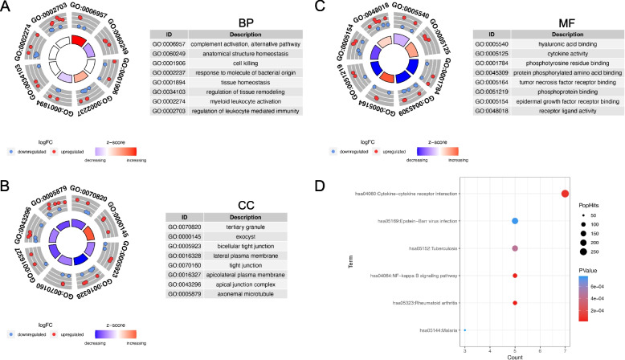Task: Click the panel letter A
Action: [x=6, y=6]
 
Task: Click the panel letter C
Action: [x=321, y=6]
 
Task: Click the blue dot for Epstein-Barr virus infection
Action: [x=514, y=220]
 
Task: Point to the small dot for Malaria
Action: [x=464, y=330]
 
